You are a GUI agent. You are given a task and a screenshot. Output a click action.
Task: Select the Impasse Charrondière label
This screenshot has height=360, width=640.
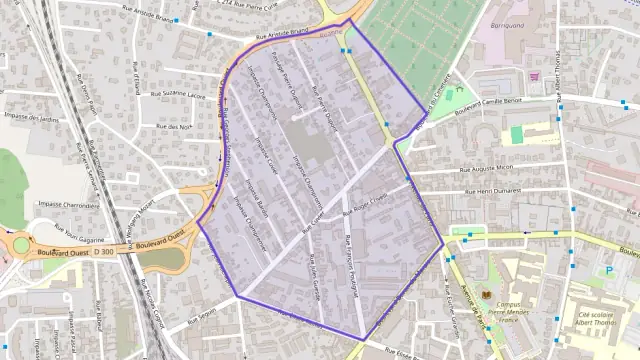point(63,203)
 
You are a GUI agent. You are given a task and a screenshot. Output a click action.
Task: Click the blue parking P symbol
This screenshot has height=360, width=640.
point(609,271)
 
